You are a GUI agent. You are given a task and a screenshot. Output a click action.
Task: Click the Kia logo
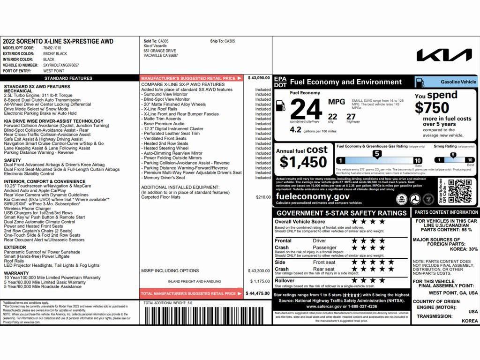[x=444, y=55]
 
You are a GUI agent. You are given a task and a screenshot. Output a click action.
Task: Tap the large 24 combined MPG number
[x=306, y=110]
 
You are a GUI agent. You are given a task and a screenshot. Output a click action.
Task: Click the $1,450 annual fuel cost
[x=303, y=162]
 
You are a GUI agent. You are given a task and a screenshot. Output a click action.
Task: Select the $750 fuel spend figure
[x=432, y=108]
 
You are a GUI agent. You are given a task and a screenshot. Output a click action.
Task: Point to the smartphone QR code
[x=460, y=191]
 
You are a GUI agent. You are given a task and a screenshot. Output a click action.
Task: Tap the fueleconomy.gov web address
[x=313, y=196]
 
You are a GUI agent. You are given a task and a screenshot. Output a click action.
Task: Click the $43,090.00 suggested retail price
[x=259, y=78]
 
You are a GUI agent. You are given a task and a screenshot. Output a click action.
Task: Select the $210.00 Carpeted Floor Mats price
[x=263, y=197]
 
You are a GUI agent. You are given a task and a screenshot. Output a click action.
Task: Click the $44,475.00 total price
[x=258, y=293]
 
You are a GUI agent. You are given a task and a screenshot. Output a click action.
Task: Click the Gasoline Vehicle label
[x=458, y=82]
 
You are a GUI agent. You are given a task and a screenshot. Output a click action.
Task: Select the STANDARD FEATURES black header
[x=68, y=78]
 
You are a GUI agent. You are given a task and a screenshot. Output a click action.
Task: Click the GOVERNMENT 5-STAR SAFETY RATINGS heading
[x=341, y=213]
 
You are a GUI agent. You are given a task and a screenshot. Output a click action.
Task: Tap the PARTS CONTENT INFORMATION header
[x=445, y=212]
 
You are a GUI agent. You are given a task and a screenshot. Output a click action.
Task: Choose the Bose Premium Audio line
[x=164, y=124]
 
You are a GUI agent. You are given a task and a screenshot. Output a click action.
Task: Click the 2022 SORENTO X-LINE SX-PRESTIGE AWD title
[x=58, y=41]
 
